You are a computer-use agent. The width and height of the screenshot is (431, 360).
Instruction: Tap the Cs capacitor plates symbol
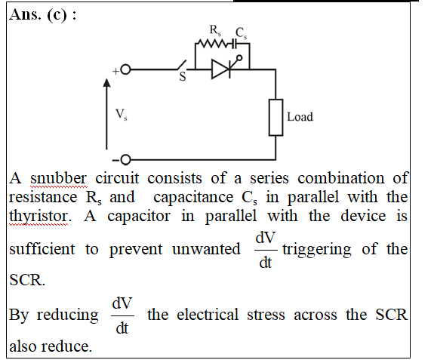[x=233, y=44]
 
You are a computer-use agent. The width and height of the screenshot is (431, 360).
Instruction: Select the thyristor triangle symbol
[x=221, y=69]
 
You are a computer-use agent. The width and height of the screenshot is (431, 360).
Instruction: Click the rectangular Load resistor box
[x=276, y=117]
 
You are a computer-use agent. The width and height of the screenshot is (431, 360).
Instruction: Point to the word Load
[x=300, y=117]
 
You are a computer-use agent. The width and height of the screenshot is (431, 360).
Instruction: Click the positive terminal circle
[x=125, y=69]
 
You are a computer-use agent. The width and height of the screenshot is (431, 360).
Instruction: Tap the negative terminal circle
[x=125, y=160]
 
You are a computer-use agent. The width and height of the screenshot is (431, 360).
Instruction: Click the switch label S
[x=183, y=77]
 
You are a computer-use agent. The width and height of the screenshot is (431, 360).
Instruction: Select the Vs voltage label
[x=121, y=114]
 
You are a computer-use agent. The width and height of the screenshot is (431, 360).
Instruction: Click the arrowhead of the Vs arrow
[x=106, y=82]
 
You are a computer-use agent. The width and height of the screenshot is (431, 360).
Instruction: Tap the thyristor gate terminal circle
[x=239, y=58]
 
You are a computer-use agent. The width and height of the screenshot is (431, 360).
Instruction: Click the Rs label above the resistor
[x=215, y=30]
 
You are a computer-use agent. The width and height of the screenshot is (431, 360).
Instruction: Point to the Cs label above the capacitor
[x=241, y=33]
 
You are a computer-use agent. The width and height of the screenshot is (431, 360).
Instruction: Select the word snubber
[x=58, y=178]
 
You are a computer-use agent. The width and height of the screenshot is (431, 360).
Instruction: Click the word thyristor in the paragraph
[x=40, y=217]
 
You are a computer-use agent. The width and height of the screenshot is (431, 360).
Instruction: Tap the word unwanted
[x=206, y=249]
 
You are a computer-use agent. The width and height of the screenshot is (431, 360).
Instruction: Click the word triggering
[x=317, y=250]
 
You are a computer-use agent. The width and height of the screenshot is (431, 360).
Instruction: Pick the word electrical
[x=208, y=315]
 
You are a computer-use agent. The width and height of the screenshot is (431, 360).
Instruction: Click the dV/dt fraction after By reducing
[x=122, y=315]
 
